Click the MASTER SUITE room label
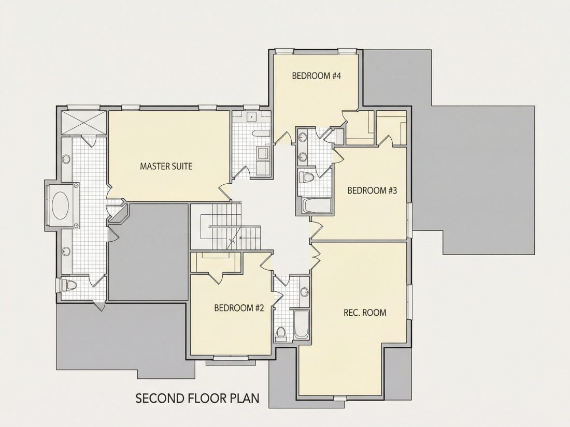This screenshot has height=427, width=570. coord(166,166)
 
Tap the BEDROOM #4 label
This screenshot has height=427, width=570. coord(316,76)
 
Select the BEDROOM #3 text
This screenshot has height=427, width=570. coord(372,190)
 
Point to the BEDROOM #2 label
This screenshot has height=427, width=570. coord(239,308)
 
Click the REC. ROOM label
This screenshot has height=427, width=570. coord(365,313)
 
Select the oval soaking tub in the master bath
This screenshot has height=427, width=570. coord(60,205)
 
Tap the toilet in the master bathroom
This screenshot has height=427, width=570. coord(68,285)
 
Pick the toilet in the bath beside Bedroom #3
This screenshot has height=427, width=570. coord(307,178)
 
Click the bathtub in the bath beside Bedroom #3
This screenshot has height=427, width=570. coord(317,205)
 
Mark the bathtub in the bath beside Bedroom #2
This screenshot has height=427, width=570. coord(302,324)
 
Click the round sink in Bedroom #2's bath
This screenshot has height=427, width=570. coord(305,292)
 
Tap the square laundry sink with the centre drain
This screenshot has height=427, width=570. coord(251,117)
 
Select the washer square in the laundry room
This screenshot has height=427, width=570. coord(263,153)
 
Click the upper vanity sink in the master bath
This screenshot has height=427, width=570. coord(66,159)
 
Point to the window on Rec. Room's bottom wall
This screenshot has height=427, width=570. coord(339,399)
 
